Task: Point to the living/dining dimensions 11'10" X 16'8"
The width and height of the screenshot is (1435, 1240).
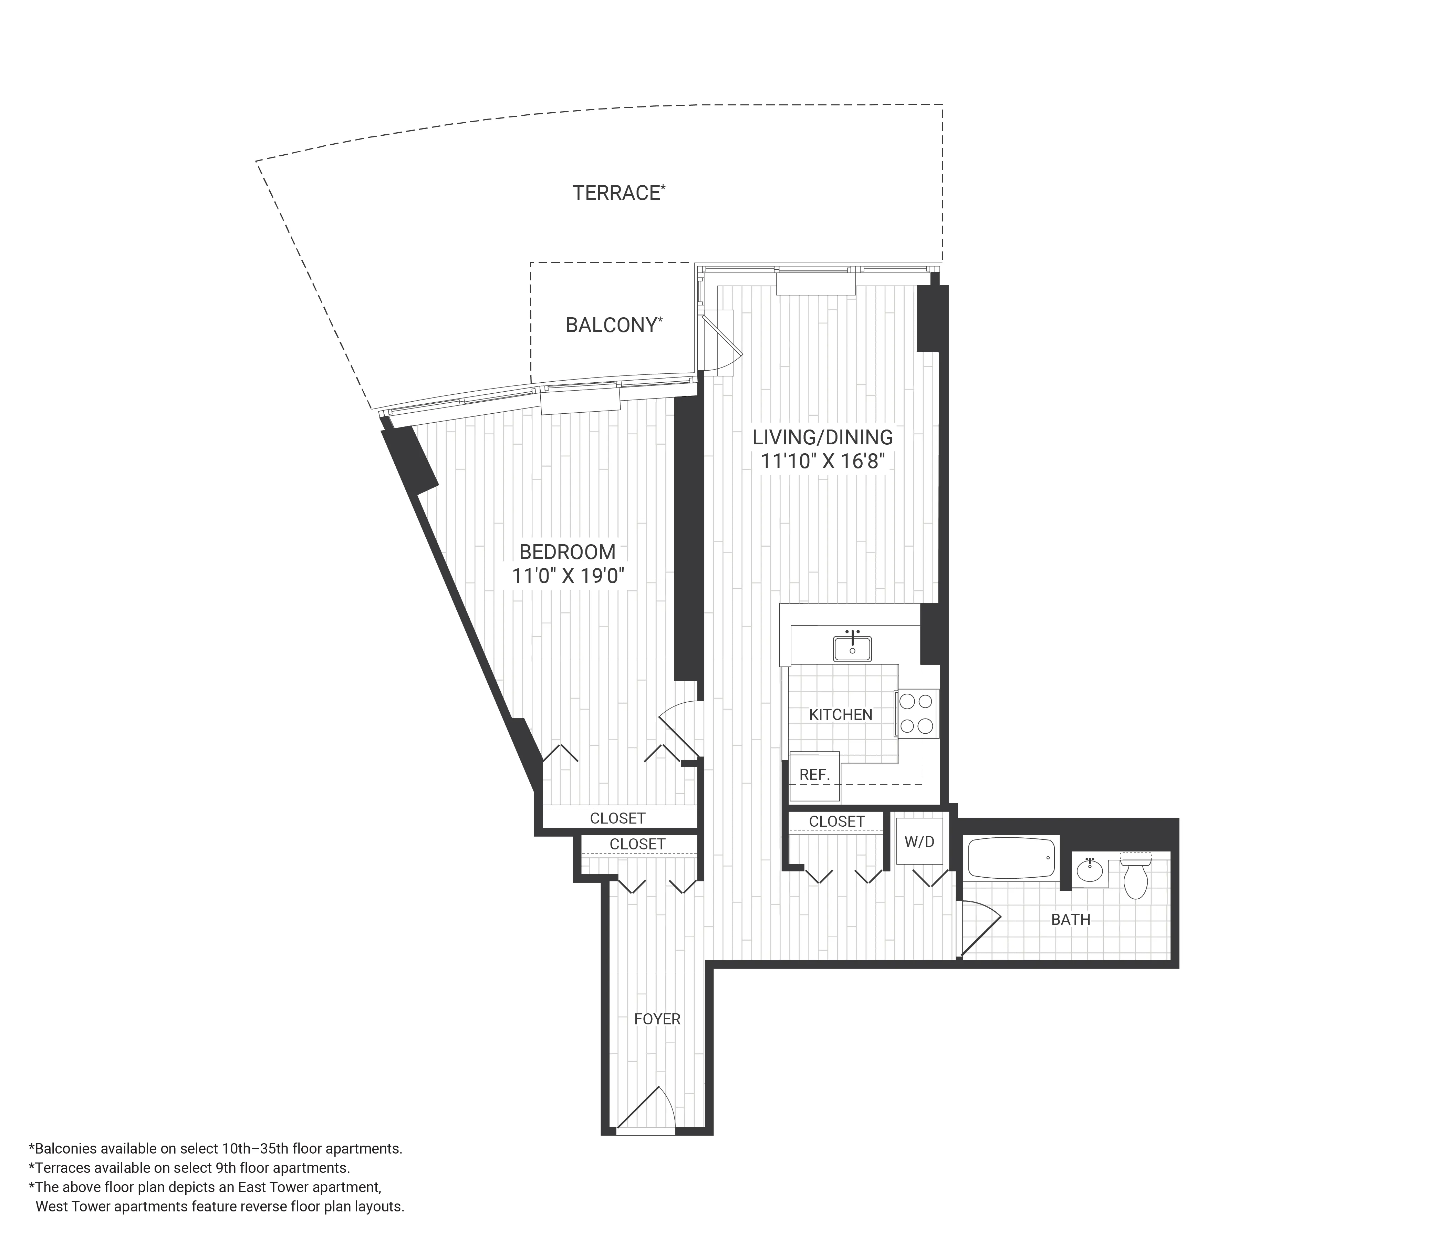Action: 823,461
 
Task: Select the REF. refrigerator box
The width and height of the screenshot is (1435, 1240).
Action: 814,775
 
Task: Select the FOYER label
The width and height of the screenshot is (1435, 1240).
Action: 657,1019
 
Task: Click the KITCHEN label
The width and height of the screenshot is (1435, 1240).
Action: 841,714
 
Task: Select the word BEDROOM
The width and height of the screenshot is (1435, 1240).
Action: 567,552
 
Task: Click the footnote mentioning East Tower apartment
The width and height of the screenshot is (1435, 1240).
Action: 208,1187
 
